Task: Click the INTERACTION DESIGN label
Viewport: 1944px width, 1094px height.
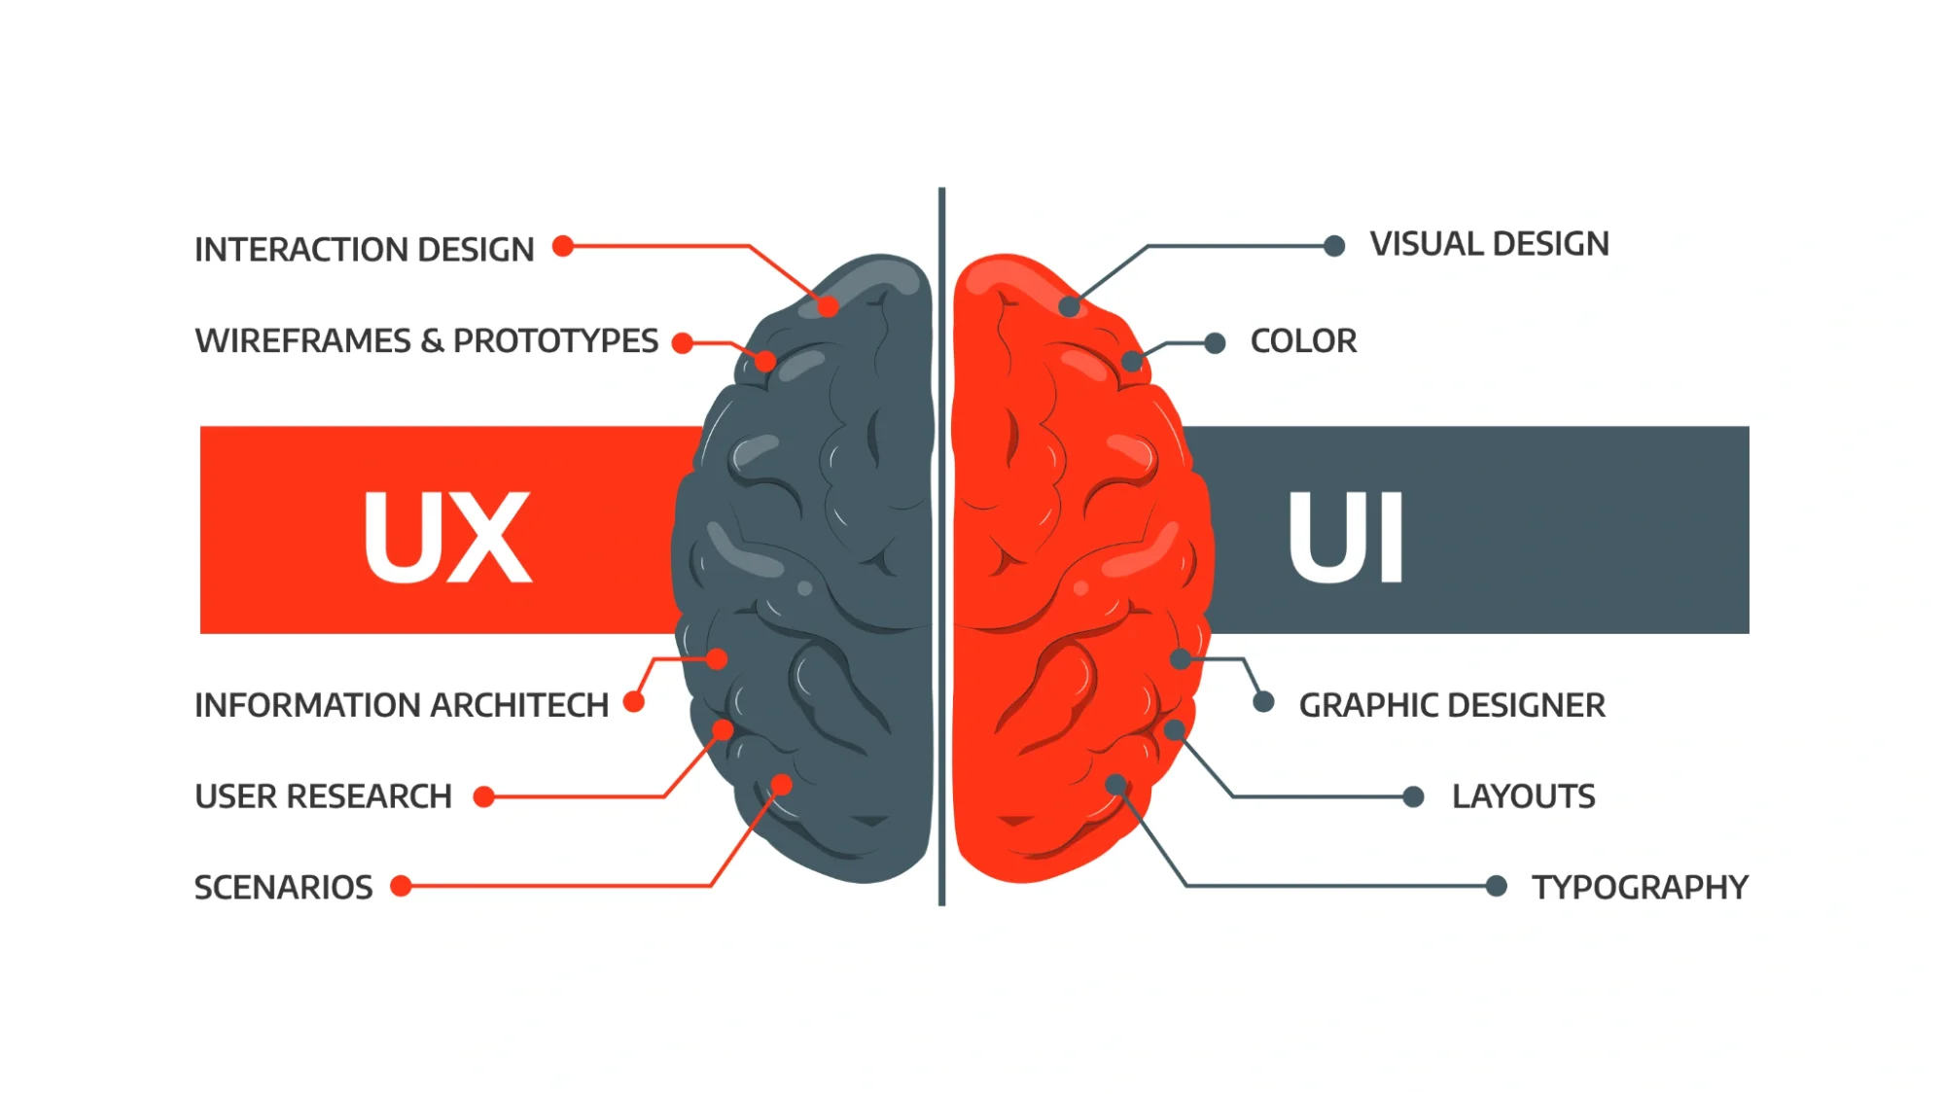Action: point(364,250)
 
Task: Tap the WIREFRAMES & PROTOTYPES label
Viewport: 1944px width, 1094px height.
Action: point(426,341)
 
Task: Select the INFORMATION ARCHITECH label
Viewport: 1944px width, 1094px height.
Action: point(401,705)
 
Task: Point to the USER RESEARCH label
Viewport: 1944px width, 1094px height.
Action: point(323,796)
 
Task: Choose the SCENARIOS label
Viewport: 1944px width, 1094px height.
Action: point(283,887)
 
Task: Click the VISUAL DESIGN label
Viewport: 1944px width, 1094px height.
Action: point(1489,244)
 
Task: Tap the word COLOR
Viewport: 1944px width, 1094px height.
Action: point(1303,341)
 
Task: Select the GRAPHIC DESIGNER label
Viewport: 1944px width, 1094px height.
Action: point(1451,705)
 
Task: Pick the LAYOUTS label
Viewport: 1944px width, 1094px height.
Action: point(1523,796)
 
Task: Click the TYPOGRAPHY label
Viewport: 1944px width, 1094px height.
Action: point(1640,887)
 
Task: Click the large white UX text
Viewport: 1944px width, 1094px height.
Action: point(447,537)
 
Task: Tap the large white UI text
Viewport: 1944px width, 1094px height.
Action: point(1346,537)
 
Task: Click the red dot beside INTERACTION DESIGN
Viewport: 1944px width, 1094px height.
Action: point(563,246)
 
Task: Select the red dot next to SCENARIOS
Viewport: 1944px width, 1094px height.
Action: point(401,886)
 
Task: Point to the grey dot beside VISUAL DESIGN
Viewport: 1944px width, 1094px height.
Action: point(1334,246)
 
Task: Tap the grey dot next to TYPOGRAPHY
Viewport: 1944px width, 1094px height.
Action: point(1497,886)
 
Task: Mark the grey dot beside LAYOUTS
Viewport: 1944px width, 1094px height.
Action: point(1414,797)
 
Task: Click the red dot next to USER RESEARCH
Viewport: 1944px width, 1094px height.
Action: point(483,797)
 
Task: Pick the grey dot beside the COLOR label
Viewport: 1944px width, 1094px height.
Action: point(1215,343)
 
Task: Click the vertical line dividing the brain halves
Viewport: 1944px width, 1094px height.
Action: point(941,545)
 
